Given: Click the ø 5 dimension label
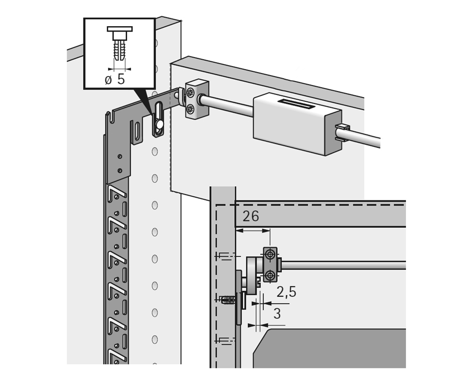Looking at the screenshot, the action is click(114, 79).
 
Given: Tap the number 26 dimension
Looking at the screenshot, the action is click(251, 216).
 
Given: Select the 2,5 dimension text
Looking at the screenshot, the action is click(286, 292).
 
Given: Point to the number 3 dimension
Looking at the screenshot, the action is click(277, 314).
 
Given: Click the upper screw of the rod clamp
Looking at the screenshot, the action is click(190, 93).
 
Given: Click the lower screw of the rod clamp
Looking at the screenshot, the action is click(190, 109).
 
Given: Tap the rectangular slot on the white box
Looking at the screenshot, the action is click(296, 104).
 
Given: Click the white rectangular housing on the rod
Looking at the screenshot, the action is click(297, 124).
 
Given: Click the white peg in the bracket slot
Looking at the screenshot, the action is click(160, 124).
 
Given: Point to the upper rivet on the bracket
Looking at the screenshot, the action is click(120, 156).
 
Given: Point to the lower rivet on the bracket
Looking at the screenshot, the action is click(120, 171).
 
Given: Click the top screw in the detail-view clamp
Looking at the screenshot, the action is click(270, 255).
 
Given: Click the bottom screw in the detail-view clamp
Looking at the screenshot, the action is click(270, 275).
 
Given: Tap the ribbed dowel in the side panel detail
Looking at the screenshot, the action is click(228, 300).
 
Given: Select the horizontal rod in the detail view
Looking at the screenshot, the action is click(344, 265).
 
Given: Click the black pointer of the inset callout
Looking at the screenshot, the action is click(143, 103).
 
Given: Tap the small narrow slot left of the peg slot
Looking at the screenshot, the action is click(137, 132).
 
